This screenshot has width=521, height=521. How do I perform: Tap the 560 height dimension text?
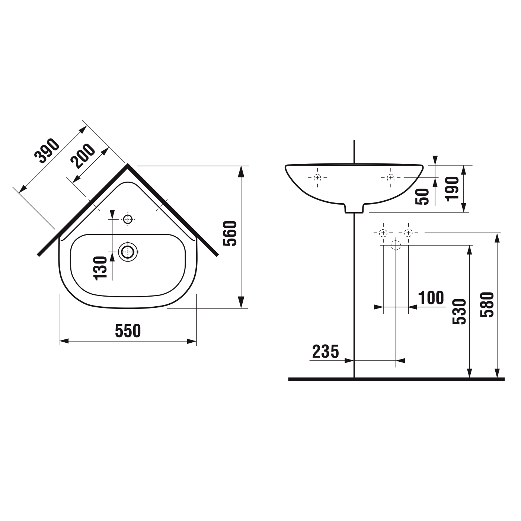coord(230,233)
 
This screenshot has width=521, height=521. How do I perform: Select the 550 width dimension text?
coord(128,331)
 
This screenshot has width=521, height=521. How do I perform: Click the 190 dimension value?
coord(453,189)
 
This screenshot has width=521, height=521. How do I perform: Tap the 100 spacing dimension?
coord(431,298)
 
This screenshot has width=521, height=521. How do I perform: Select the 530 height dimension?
coord(460,311)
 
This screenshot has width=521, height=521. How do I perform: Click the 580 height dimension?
coord(487,304)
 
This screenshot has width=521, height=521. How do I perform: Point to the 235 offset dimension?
coord(326,351)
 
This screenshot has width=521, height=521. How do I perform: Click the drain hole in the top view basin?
coord(128,252)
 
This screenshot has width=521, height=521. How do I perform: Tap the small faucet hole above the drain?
coord(128,219)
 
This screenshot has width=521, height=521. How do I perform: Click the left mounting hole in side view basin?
coord(317,178)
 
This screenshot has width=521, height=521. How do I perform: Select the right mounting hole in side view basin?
coord(390,178)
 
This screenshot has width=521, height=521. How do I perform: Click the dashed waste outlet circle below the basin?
coord(396,245)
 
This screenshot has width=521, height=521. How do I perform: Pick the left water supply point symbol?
coord(383,233)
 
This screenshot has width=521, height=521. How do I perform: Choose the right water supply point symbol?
coord(408,233)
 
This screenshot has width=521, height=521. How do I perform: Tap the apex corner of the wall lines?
coord(128,164)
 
